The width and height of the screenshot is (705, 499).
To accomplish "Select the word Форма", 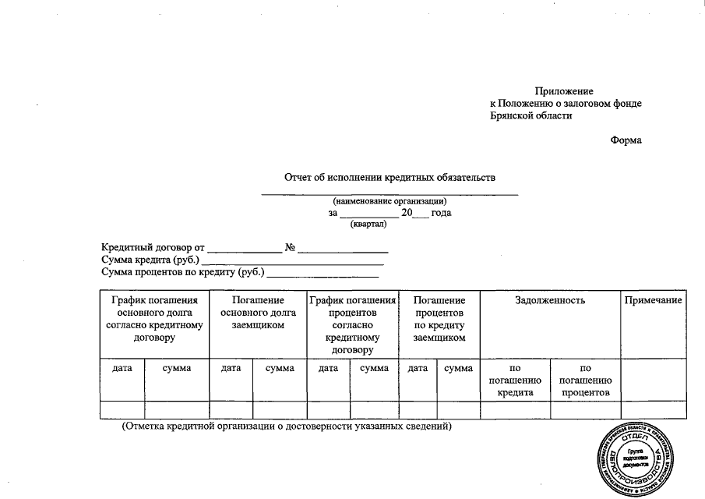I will click(626, 140).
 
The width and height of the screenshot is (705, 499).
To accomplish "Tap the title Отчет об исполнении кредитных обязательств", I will click(390, 178).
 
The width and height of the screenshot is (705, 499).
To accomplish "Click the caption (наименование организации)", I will click(390, 201).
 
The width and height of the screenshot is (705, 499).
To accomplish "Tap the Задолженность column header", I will click(550, 300).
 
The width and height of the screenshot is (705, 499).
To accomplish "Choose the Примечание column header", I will click(653, 300).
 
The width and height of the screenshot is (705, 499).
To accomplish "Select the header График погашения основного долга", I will click(154, 318).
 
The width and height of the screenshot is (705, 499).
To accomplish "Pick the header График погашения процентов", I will click(353, 324).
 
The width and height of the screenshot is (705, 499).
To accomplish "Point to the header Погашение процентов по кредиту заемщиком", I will click(439, 318).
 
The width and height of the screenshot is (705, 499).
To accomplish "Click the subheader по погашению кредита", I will click(514, 380).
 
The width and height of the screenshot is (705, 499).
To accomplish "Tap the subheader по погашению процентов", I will click(585, 380).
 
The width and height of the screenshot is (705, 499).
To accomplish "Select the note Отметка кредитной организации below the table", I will click(287, 426).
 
